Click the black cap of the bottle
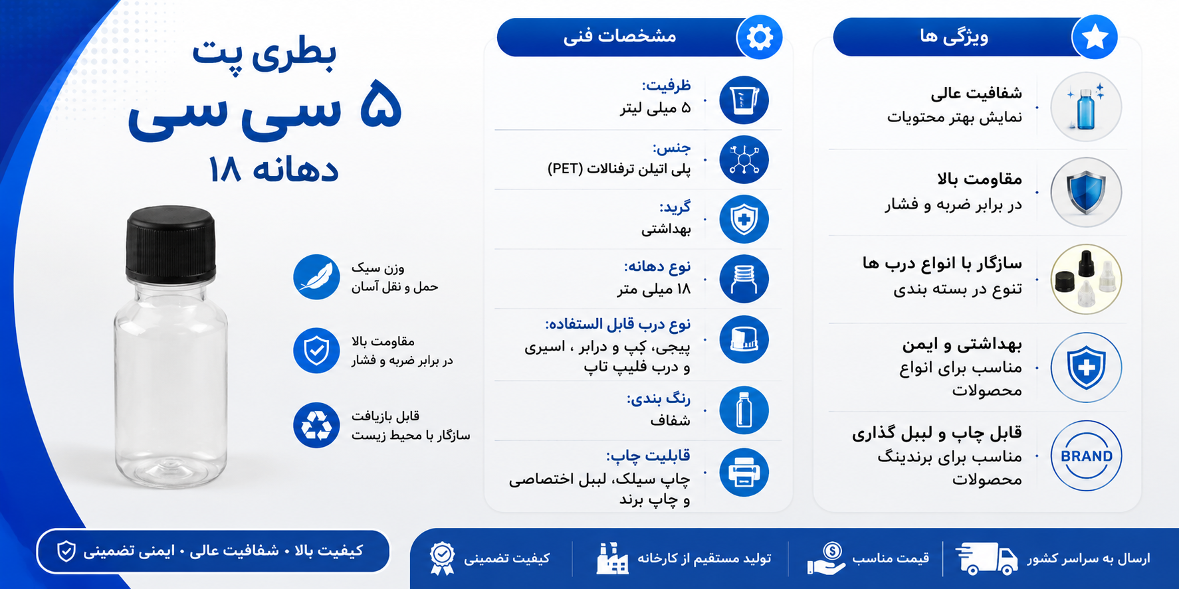[x=171, y=243]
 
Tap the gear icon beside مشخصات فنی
[x=760, y=37]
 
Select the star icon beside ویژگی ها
[x=1095, y=37]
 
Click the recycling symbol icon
[x=316, y=425]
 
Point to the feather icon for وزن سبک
[x=316, y=277]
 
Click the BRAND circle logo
[x=1086, y=456]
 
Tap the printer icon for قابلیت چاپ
[x=744, y=473]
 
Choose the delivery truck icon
[x=986, y=558]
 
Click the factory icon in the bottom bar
[x=611, y=558]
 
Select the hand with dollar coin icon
[x=825, y=558]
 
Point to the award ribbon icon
[x=442, y=558]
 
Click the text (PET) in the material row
[x=565, y=169]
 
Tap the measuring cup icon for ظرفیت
[x=744, y=100]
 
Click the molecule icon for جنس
[x=744, y=160]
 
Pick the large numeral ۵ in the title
[x=381, y=105]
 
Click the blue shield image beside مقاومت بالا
[x=1086, y=193]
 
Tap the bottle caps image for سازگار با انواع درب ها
[x=1086, y=279]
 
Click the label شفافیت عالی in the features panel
[x=976, y=94]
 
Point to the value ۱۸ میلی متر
[x=654, y=289]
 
